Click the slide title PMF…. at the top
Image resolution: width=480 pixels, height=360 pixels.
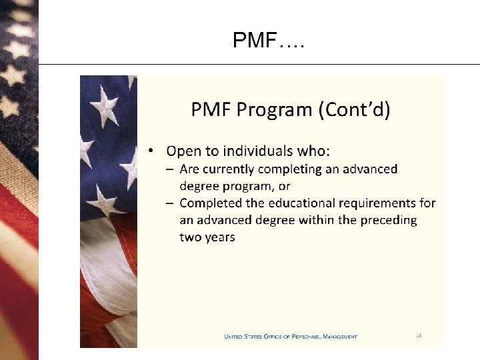click(x=269, y=41)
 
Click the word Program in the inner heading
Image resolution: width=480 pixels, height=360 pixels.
click(x=270, y=109)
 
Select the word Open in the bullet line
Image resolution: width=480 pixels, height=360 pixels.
click(x=182, y=151)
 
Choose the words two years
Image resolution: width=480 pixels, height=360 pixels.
click(x=207, y=237)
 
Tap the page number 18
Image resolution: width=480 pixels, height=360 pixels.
click(x=419, y=335)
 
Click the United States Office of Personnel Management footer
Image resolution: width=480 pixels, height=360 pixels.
click(x=290, y=337)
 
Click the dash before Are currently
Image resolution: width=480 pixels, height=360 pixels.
click(x=171, y=169)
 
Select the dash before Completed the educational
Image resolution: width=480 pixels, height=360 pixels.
click(x=171, y=203)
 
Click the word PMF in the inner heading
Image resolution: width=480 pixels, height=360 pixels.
click(x=210, y=109)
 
